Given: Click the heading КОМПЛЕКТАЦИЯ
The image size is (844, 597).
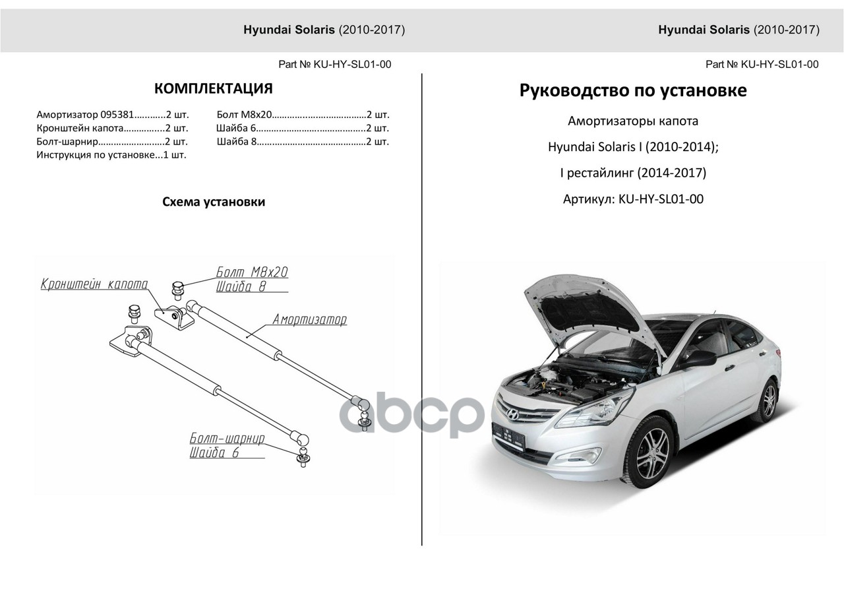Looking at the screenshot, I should coord(213,89).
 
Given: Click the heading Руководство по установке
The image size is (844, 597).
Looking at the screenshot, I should coord(633,90).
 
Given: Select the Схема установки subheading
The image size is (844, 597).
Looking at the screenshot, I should coord(214,202).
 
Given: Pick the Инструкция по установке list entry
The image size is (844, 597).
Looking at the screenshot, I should coord(111,155).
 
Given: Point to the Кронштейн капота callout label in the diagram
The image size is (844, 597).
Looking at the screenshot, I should coord(94,284).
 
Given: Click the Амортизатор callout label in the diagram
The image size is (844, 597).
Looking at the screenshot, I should coord(309,320).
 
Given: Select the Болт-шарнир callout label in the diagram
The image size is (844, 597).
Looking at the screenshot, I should coord(227,439).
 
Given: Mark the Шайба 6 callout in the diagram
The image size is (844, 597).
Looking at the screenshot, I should coord(214,453).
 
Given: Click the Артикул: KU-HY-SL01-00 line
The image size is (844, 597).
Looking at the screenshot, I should coord(633,199).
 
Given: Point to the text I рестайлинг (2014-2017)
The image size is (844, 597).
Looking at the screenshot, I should coord(633,173).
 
